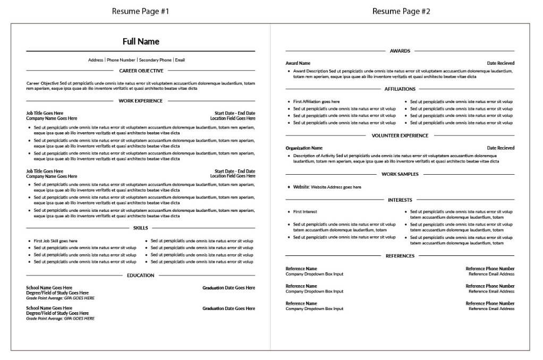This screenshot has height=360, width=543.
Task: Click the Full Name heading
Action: (141, 41)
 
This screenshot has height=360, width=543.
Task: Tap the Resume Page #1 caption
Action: (141, 11)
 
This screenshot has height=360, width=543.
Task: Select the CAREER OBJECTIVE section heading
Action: (141, 70)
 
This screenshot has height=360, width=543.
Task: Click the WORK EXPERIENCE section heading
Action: (141, 100)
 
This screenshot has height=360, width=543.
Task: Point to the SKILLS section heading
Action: (141, 228)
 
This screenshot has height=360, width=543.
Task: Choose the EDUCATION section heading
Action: (141, 275)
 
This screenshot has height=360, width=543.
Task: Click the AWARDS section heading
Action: (400, 51)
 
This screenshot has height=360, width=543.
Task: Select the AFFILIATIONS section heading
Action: (400, 89)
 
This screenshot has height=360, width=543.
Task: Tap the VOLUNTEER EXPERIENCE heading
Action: (400, 135)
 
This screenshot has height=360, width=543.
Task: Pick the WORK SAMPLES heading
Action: (400, 174)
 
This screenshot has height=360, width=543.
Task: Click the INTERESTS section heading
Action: (400, 200)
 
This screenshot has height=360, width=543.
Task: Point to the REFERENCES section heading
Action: (400, 256)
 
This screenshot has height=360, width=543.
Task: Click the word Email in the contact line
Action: (180, 60)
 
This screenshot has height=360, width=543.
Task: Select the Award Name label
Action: (298, 63)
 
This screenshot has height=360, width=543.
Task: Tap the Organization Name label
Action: (304, 148)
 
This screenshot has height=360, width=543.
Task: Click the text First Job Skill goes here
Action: (55, 241)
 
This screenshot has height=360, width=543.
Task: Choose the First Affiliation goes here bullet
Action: (316, 101)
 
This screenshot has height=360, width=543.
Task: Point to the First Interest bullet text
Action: (305, 211)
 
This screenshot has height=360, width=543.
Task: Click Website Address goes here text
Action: (336, 187)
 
